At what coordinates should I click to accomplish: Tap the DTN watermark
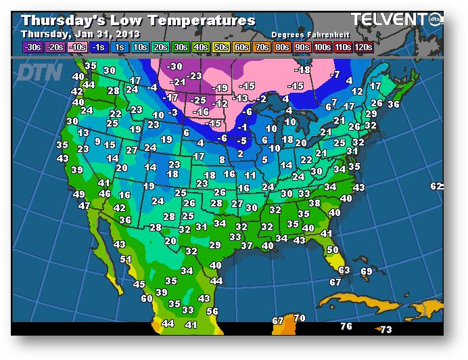(x=39, y=72)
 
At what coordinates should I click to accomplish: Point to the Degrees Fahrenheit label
(x=305, y=34)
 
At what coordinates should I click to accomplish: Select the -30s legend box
(x=32, y=47)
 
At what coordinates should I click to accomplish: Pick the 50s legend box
(x=221, y=47)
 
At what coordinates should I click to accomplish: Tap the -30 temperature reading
(x=174, y=66)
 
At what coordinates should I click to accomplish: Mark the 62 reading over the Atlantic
(x=436, y=186)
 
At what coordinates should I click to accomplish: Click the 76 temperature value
(x=346, y=327)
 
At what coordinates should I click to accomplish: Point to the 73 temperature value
(x=385, y=330)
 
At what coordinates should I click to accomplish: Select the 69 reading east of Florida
(x=367, y=271)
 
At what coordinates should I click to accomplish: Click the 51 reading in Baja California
(x=126, y=259)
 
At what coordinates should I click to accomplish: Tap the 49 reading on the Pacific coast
(x=79, y=195)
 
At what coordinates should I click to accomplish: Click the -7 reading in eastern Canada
(x=334, y=74)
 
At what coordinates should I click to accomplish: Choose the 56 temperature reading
(x=212, y=311)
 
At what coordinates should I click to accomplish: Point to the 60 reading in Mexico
(x=147, y=298)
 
